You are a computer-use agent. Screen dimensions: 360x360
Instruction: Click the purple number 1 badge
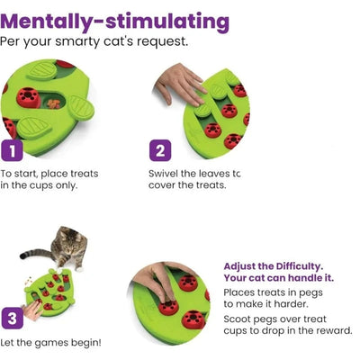pyautogui.click(x=12, y=150)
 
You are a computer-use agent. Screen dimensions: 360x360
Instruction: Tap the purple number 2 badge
pyautogui.click(x=160, y=150)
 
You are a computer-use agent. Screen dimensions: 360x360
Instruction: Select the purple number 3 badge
pyautogui.click(x=13, y=318)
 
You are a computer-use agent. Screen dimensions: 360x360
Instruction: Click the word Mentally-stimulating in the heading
pyautogui.click(x=115, y=22)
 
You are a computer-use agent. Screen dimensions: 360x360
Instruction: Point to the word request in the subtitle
pyautogui.click(x=162, y=42)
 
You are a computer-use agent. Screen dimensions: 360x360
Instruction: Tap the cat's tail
pyautogui.click(x=35, y=254)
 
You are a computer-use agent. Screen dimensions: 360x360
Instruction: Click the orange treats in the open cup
pyautogui.click(x=53, y=103)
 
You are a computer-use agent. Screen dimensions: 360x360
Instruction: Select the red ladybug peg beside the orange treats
pyautogui.click(x=29, y=97)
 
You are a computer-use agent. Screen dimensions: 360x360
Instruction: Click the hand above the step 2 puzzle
pyautogui.click(x=180, y=84)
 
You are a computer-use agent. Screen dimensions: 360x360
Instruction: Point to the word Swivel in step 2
pyautogui.click(x=164, y=174)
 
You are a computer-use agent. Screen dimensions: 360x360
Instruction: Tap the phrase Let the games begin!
pyautogui.click(x=50, y=343)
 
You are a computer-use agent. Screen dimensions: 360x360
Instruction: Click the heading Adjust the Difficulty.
pyautogui.click(x=274, y=266)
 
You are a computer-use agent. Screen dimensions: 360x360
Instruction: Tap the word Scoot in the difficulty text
pyautogui.click(x=237, y=319)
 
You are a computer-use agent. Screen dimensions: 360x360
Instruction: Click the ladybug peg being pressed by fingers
pyautogui.click(x=168, y=308)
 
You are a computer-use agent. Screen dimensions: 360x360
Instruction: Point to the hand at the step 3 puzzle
pyautogui.click(x=32, y=310)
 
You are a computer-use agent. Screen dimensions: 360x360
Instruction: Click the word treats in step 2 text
pyautogui.click(x=211, y=185)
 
